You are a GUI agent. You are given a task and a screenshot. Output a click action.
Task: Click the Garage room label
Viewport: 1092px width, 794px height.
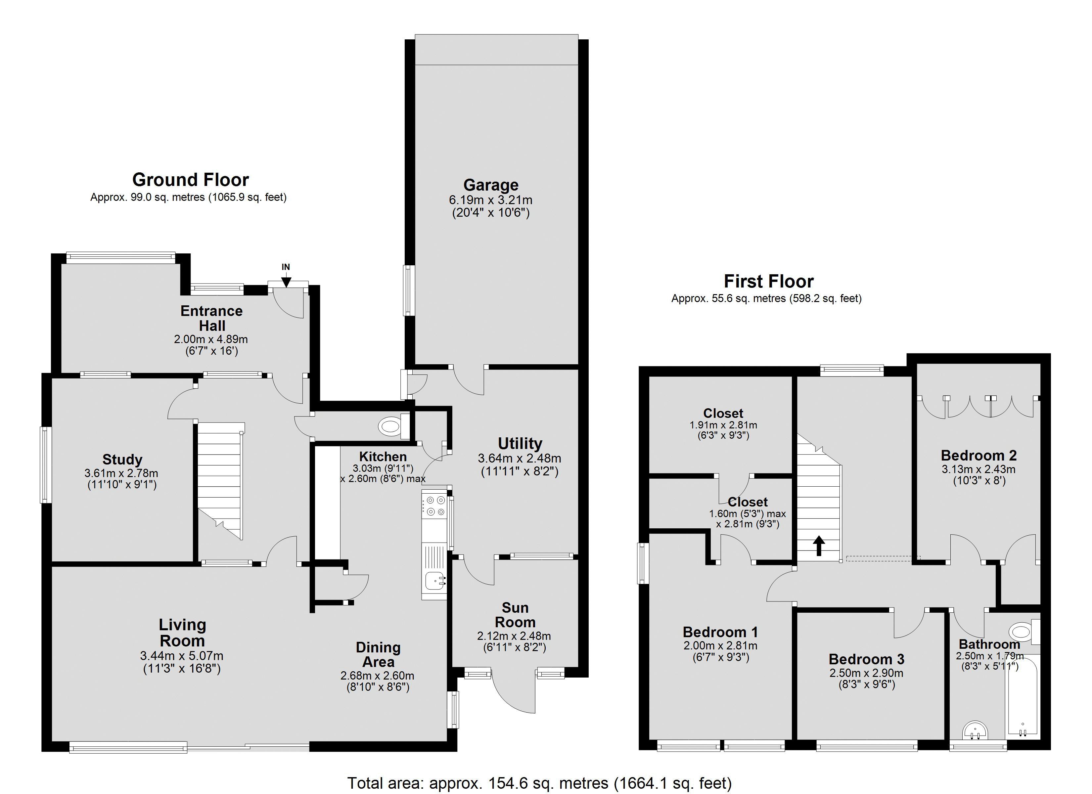pos(491,185)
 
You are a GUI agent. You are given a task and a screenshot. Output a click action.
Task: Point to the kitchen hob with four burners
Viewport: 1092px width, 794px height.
pos(435,506)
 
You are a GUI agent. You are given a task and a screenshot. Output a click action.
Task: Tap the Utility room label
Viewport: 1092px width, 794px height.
pos(520,443)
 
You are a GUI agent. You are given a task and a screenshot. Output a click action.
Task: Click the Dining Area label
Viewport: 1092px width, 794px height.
pos(379,654)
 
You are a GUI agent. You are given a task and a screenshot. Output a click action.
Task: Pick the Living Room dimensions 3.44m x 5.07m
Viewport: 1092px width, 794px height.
pos(182,656)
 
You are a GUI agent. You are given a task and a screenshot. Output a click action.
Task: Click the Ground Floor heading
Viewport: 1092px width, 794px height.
pos(191,180)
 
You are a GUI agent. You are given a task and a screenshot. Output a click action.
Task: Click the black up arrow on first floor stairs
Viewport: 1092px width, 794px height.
pos(819,546)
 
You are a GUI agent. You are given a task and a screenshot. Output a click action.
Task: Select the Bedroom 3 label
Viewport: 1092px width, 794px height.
pos(867,659)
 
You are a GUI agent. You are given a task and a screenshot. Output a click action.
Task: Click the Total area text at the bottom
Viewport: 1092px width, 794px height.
pos(539,783)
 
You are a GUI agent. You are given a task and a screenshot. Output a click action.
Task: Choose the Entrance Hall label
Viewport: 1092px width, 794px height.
pos(211,318)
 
